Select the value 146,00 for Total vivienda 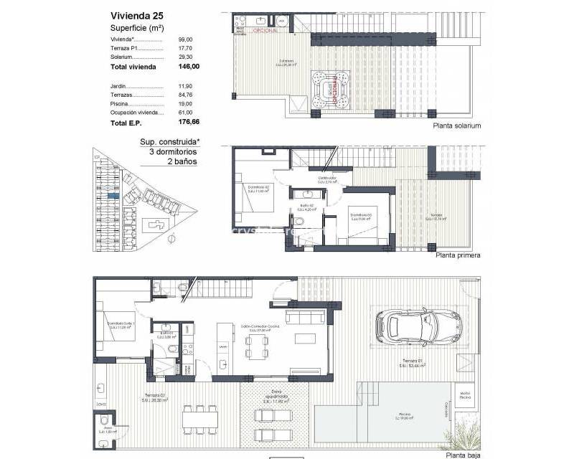click(x=188, y=66)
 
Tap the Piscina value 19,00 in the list click(x=185, y=104)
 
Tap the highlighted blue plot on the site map click(x=113, y=194)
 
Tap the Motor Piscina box click(x=465, y=394)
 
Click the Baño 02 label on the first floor click(x=304, y=207)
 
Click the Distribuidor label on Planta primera click(x=327, y=180)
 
